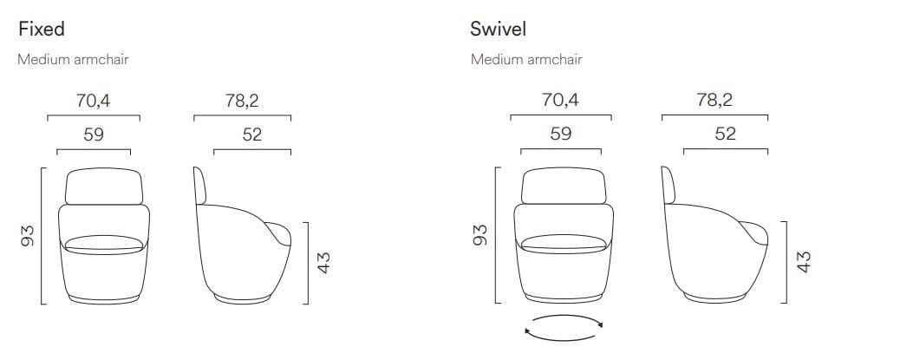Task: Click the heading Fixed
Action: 42,29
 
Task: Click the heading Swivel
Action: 498,29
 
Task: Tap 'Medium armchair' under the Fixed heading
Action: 73,59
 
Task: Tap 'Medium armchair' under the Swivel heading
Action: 526,59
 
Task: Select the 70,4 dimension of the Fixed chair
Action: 93,101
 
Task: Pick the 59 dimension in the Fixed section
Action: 94,134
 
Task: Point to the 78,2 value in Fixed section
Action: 242,101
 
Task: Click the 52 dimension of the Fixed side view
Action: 252,134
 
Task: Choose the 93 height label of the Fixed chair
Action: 28,235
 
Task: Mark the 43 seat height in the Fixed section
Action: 323,263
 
